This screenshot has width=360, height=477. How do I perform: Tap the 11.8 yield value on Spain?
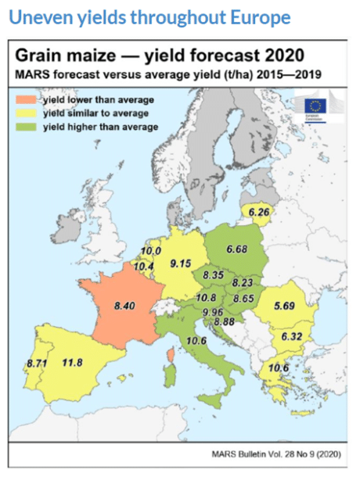[73, 362]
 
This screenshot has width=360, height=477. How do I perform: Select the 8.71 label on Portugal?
[37, 364]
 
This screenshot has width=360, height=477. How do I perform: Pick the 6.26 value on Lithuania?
[258, 210]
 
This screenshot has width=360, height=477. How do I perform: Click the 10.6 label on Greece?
[279, 368]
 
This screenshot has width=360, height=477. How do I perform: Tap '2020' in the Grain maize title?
[278, 56]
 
